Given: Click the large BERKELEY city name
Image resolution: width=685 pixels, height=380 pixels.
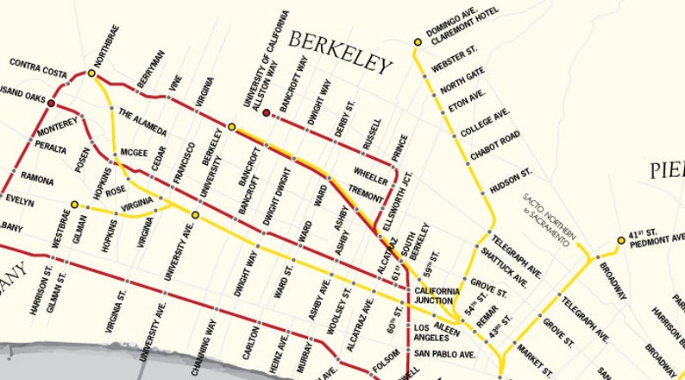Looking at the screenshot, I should [x=340, y=53].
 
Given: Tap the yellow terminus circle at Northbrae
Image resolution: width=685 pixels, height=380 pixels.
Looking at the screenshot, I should [x=91, y=74].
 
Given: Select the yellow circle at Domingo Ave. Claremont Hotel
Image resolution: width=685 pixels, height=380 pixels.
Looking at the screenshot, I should [x=418, y=41].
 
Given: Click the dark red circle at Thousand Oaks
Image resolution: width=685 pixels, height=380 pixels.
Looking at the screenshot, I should [x=51, y=103].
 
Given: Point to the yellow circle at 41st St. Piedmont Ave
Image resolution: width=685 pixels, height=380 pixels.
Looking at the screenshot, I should [x=619, y=241].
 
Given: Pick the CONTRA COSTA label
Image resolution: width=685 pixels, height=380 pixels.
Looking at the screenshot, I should [x=39, y=64].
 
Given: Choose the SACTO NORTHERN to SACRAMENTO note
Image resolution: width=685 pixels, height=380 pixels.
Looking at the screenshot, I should [x=549, y=219].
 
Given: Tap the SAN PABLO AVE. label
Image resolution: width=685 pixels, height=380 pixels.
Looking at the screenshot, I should [x=444, y=354].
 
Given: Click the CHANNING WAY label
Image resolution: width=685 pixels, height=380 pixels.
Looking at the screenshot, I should [x=211, y=345].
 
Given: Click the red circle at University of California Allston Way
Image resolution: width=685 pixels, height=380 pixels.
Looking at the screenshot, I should [x=267, y=111].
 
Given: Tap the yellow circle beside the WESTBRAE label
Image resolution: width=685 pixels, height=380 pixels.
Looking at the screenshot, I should [x=75, y=205].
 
